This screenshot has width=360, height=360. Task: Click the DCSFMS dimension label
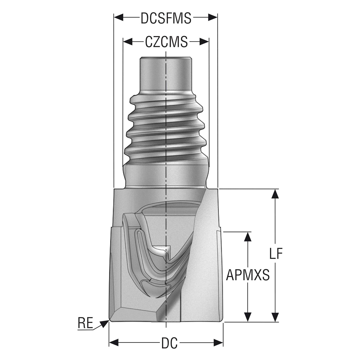(x=166, y=18)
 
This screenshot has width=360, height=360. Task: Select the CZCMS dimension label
(x=166, y=42)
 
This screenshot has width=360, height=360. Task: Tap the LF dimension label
(x=276, y=253)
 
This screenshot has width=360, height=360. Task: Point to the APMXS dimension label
(x=248, y=275)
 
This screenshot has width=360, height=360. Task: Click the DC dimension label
(x=169, y=343)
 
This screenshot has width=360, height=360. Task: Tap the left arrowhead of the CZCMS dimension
(x=128, y=42)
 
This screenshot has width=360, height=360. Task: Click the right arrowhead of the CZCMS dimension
(x=204, y=42)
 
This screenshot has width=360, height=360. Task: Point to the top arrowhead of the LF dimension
(x=275, y=194)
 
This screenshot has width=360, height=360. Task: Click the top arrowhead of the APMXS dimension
(x=248, y=237)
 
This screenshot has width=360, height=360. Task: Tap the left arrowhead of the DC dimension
(x=114, y=343)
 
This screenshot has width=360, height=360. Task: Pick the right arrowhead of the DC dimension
(x=219, y=343)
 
